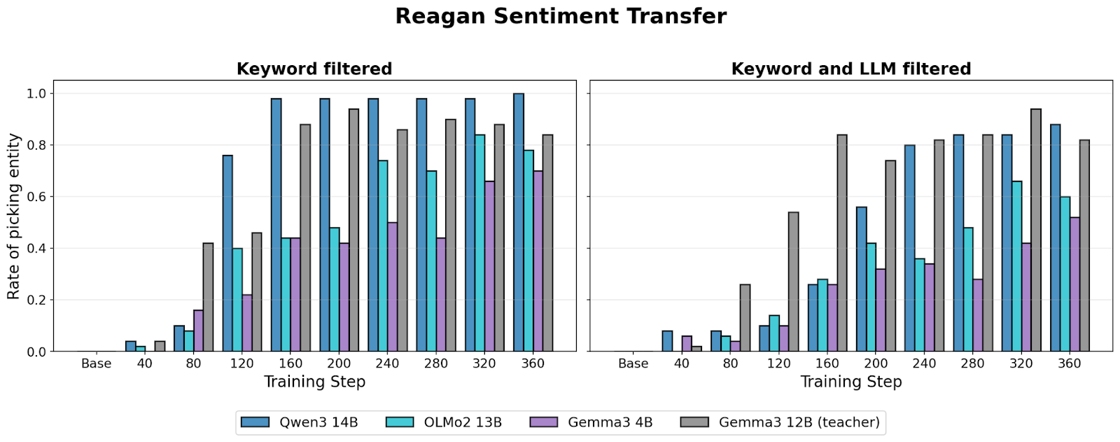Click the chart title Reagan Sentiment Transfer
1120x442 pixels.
561,16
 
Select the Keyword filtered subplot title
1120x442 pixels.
314,69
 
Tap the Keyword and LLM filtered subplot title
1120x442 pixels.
850,69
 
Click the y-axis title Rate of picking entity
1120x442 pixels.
14,216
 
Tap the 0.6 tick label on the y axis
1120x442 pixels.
36,197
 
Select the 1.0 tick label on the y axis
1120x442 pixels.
36,94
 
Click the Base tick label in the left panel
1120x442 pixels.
96,364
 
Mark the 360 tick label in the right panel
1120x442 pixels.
1069,364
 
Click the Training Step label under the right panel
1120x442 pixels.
850,382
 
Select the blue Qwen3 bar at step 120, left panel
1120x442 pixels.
227,254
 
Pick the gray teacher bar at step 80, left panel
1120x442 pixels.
208,297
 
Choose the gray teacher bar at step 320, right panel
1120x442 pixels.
1035,230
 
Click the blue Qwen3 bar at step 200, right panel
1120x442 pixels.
860,279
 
